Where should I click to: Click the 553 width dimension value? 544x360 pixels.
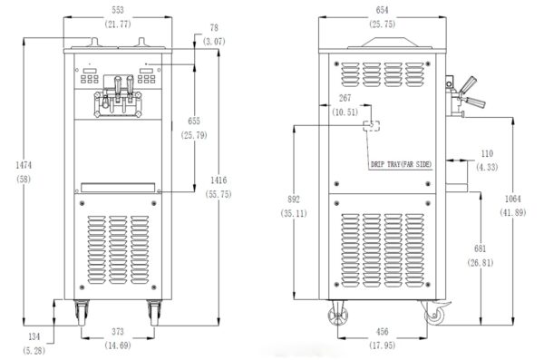[118, 10]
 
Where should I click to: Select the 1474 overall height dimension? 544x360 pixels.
[24, 165]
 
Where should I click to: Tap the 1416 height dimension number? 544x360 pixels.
[219, 180]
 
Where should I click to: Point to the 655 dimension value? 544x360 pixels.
[194, 121]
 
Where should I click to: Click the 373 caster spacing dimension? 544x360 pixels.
[118, 332]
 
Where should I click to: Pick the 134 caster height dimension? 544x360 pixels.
[34, 336]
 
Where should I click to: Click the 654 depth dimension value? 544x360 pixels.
[382, 10]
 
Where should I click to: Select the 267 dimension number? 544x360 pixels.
[345, 98]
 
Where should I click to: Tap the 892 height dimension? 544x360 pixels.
[294, 199]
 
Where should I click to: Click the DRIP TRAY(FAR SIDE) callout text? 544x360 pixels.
[401, 164]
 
